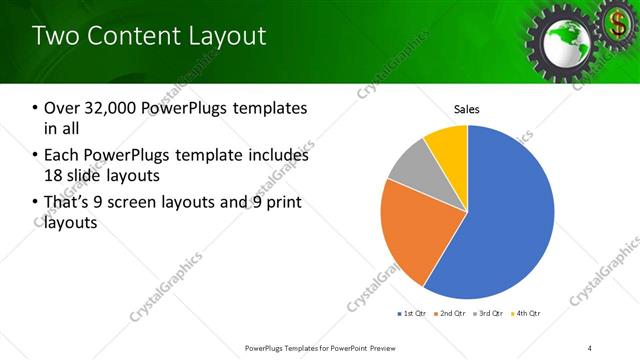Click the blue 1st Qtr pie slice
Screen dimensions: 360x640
(x=500, y=215)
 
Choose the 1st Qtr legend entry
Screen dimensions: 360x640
(x=412, y=314)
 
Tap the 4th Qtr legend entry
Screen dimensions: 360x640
(x=527, y=314)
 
